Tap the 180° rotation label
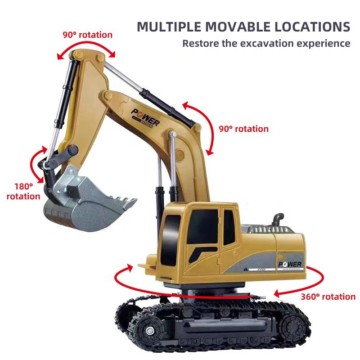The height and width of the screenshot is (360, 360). coord(23,191)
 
